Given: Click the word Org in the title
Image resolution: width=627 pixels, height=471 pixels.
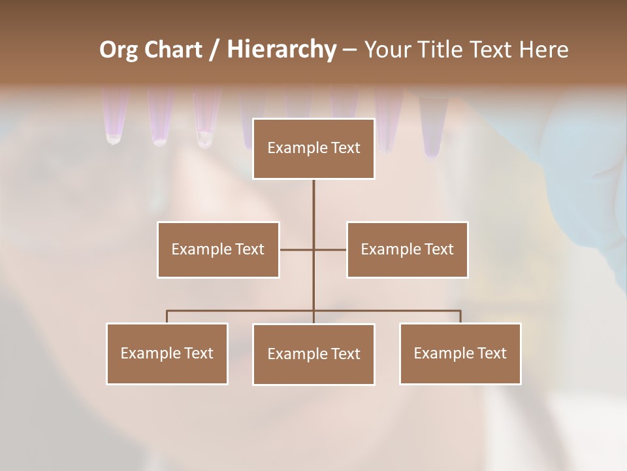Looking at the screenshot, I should (x=118, y=50).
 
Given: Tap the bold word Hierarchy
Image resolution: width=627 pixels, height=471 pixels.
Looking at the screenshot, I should (x=281, y=50).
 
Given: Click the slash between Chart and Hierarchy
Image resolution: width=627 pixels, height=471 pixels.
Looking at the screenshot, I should (x=214, y=50).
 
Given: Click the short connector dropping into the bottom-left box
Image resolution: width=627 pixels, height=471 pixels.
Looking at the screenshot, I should (x=167, y=317).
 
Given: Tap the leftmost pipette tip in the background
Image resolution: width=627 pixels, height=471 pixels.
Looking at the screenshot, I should (x=114, y=118).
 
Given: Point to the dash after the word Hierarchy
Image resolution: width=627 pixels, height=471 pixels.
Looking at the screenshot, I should (x=349, y=50).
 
